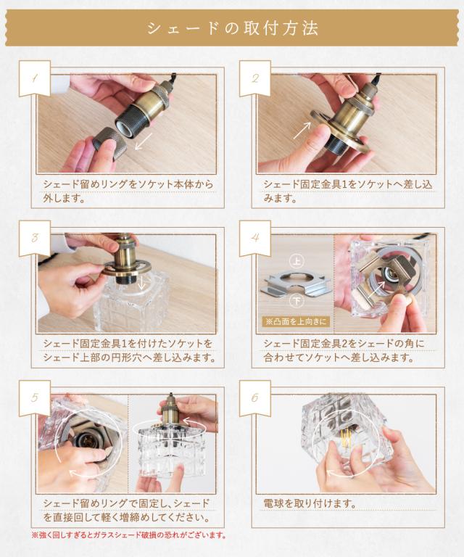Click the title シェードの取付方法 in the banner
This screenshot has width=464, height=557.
[232, 28]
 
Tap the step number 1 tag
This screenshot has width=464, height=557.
[34, 78]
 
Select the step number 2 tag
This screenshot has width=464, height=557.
[255, 78]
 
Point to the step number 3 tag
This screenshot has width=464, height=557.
[34, 238]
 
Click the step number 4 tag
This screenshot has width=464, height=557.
[255, 238]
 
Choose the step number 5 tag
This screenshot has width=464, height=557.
[34, 398]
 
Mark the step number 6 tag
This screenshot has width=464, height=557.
[255, 398]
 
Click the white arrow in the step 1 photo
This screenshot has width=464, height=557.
[144, 141]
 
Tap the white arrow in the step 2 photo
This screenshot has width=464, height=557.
[302, 131]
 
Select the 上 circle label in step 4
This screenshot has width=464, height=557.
[297, 261]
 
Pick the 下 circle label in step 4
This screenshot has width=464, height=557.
[297, 301]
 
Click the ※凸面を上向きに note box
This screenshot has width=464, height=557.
[296, 321]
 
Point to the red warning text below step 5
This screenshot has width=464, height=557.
[129, 535]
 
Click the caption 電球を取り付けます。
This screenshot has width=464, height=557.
[310, 503]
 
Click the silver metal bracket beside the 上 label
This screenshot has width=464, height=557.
[297, 281]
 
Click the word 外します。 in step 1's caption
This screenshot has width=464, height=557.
[65, 198]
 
